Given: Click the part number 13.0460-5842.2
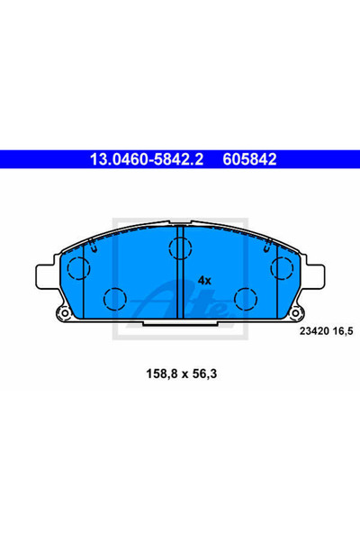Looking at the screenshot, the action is coord(147,159).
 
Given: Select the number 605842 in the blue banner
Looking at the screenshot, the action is coord(249,159).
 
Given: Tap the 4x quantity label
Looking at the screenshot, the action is coord(204,281).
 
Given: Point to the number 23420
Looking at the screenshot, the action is coord(314,331).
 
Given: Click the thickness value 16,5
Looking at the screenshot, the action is coord(343,331).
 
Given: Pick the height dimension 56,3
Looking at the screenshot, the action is coord(204,373).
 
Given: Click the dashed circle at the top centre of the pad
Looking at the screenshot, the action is coord(180,248).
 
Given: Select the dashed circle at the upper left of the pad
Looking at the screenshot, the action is coord(78,268).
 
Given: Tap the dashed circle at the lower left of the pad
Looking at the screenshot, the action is coord(114,299).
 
